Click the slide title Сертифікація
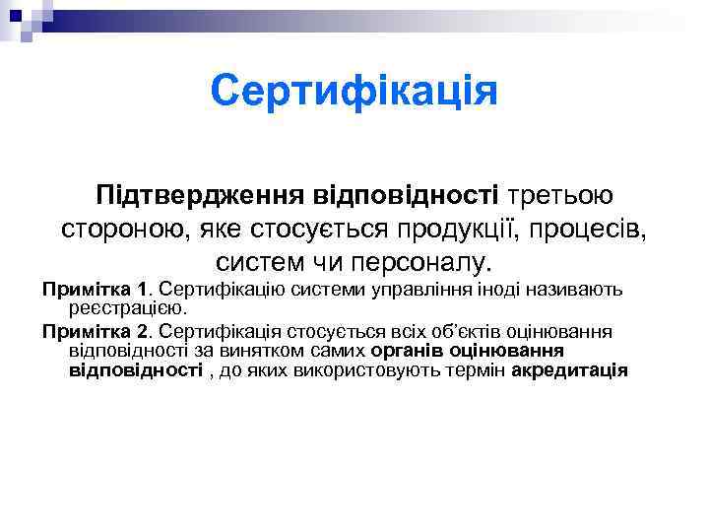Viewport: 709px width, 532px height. (x=354, y=93)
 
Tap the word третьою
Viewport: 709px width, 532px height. (x=553, y=195)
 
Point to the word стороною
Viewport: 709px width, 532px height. (x=126, y=231)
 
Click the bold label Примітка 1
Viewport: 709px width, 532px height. (x=94, y=291)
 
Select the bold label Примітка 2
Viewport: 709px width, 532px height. (x=94, y=332)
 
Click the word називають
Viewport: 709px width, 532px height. (x=554, y=291)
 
